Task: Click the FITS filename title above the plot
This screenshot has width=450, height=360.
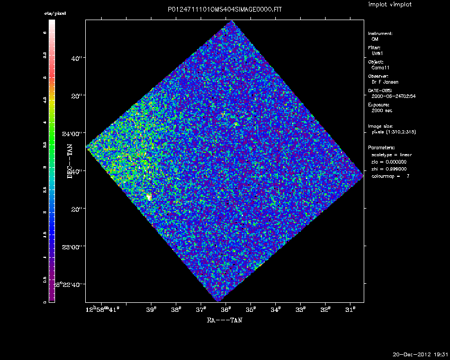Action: pos(224,11)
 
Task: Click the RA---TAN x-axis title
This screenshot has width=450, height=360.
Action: pos(224,320)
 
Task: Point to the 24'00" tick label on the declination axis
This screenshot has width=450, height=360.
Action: pos(74,133)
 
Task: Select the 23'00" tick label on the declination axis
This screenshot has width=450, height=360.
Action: pos(74,247)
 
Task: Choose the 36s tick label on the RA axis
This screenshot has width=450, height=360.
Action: pos(226,309)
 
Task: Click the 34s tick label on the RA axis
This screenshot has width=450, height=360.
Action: pos(276,309)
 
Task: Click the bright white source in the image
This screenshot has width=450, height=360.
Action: pos(149,196)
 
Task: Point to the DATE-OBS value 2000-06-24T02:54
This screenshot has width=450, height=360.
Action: pos(393,96)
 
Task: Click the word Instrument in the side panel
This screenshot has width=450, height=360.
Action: pos(380,33)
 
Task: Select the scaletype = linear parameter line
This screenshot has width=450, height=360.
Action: pos(392,154)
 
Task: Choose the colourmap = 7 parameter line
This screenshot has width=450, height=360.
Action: pos(390,175)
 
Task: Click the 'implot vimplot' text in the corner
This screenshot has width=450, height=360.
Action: pos(390,4)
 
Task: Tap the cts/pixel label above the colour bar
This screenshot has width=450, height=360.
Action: pos(55,13)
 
